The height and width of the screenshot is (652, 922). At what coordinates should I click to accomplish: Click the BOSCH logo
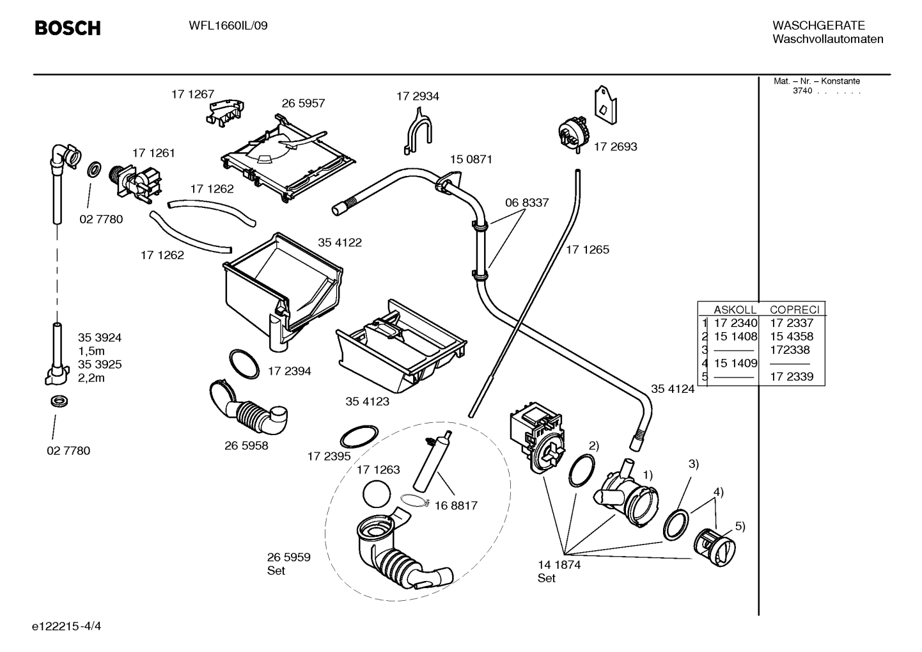click(x=67, y=28)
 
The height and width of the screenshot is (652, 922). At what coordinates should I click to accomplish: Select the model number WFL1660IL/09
click(x=228, y=26)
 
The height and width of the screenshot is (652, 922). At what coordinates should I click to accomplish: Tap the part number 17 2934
click(x=418, y=96)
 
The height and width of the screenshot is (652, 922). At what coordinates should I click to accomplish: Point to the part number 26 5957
click(x=303, y=103)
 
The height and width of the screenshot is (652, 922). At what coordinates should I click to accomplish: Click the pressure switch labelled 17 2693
click(x=574, y=134)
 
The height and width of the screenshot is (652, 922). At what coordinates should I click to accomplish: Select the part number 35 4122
click(x=340, y=243)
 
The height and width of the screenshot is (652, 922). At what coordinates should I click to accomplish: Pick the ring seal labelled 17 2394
click(x=244, y=364)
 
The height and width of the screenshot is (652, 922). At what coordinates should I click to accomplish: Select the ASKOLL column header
click(x=735, y=309)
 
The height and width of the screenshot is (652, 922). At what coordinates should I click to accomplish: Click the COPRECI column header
click(x=794, y=309)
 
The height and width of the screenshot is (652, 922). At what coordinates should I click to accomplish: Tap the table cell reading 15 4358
click(x=792, y=337)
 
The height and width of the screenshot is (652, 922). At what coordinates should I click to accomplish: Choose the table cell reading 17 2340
click(x=735, y=323)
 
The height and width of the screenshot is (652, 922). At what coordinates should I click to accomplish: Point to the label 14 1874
click(x=559, y=565)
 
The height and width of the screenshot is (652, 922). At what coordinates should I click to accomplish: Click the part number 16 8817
click(x=456, y=505)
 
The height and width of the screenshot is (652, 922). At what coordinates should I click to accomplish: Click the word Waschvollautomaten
click(x=827, y=39)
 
